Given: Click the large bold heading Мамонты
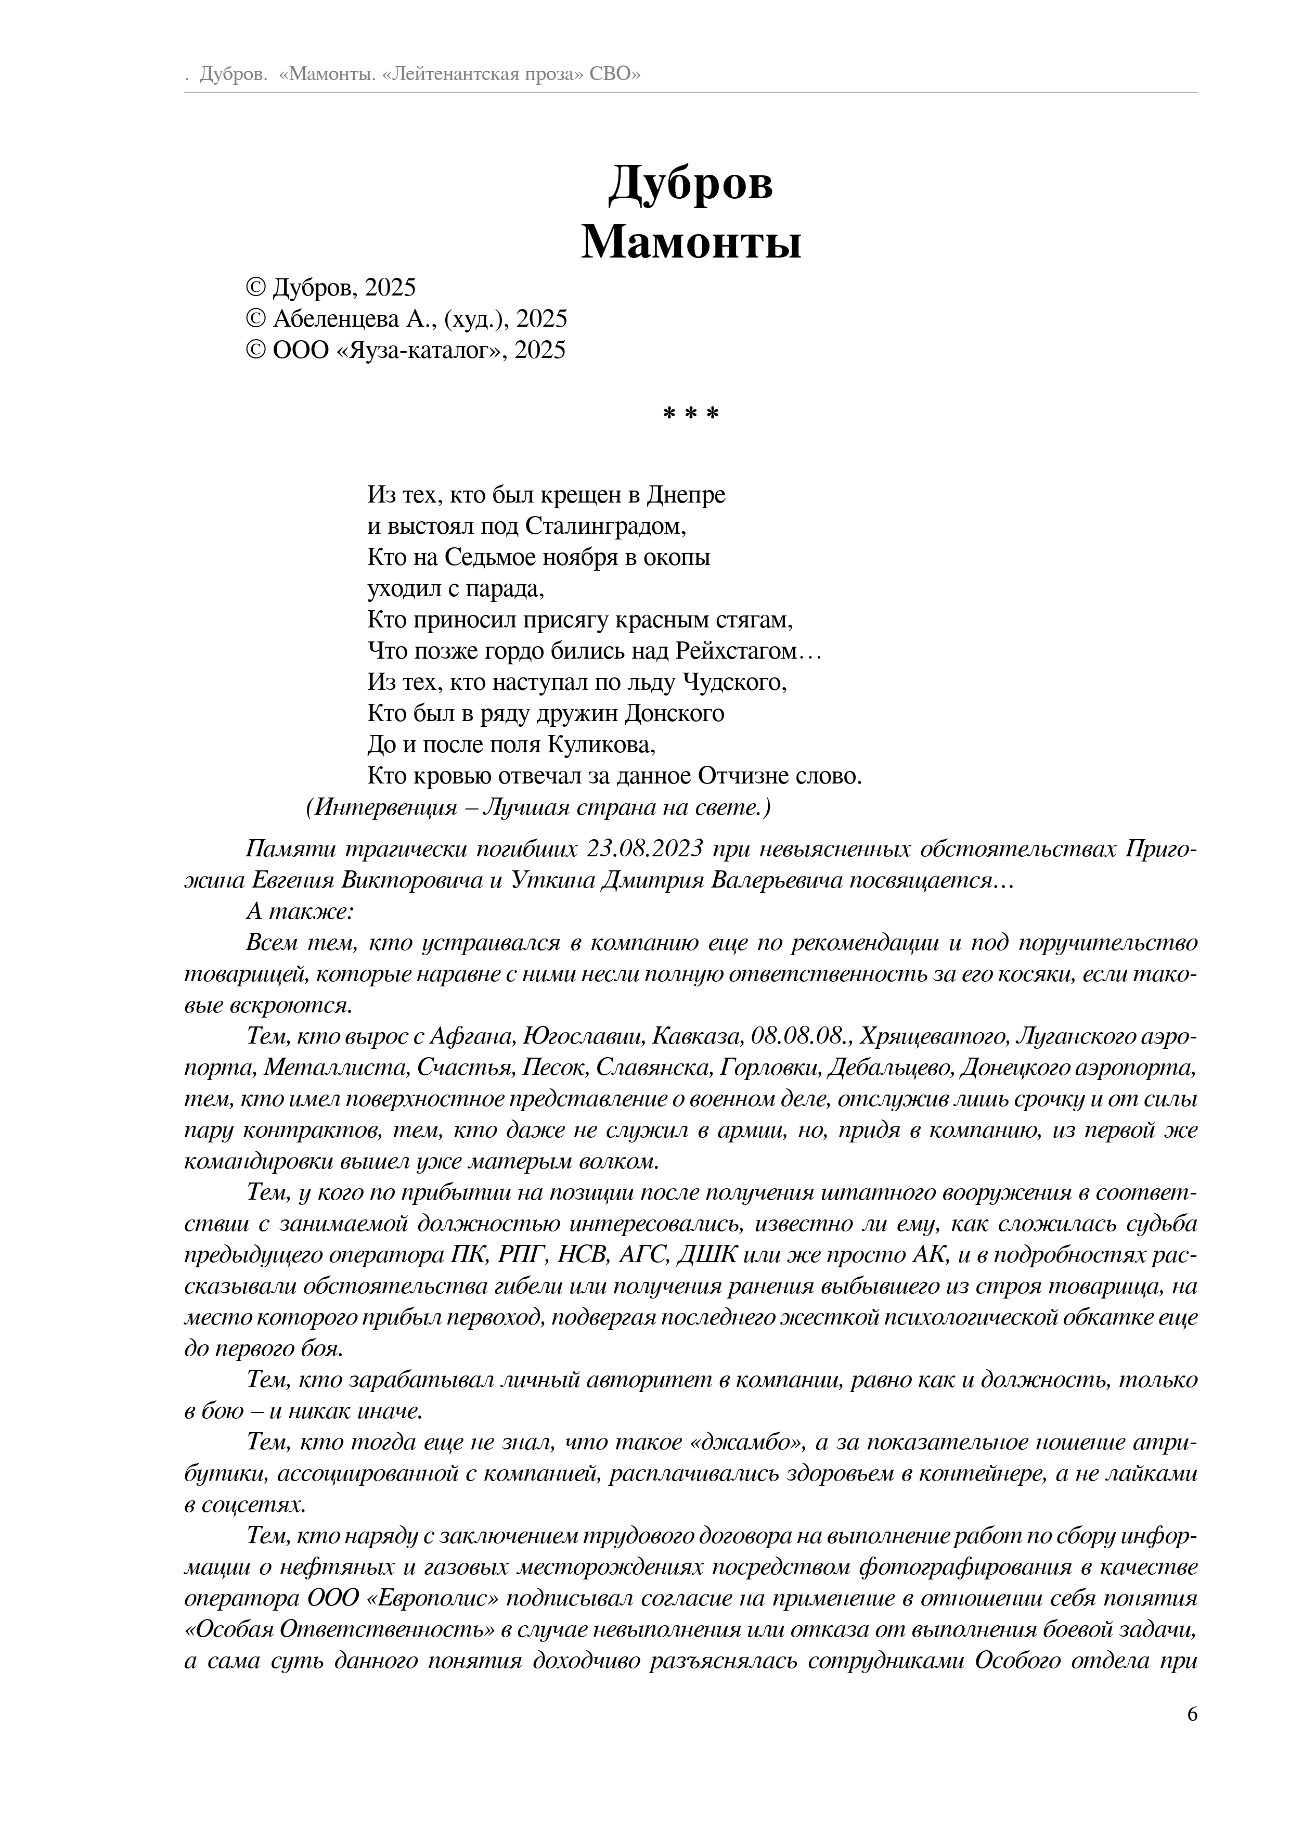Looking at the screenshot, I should click(691, 242).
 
